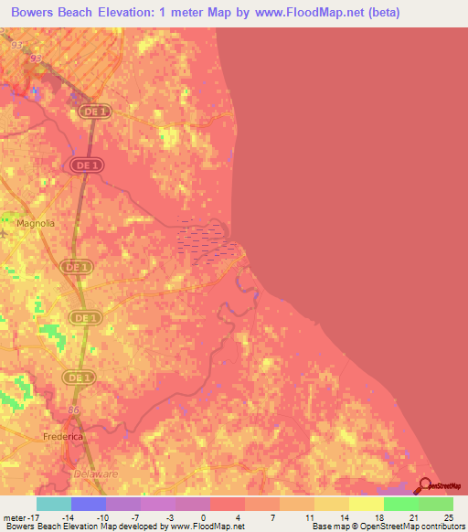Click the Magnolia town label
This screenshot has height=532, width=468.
(34, 222)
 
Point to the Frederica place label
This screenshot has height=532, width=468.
(63, 438)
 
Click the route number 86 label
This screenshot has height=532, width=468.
(73, 410)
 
